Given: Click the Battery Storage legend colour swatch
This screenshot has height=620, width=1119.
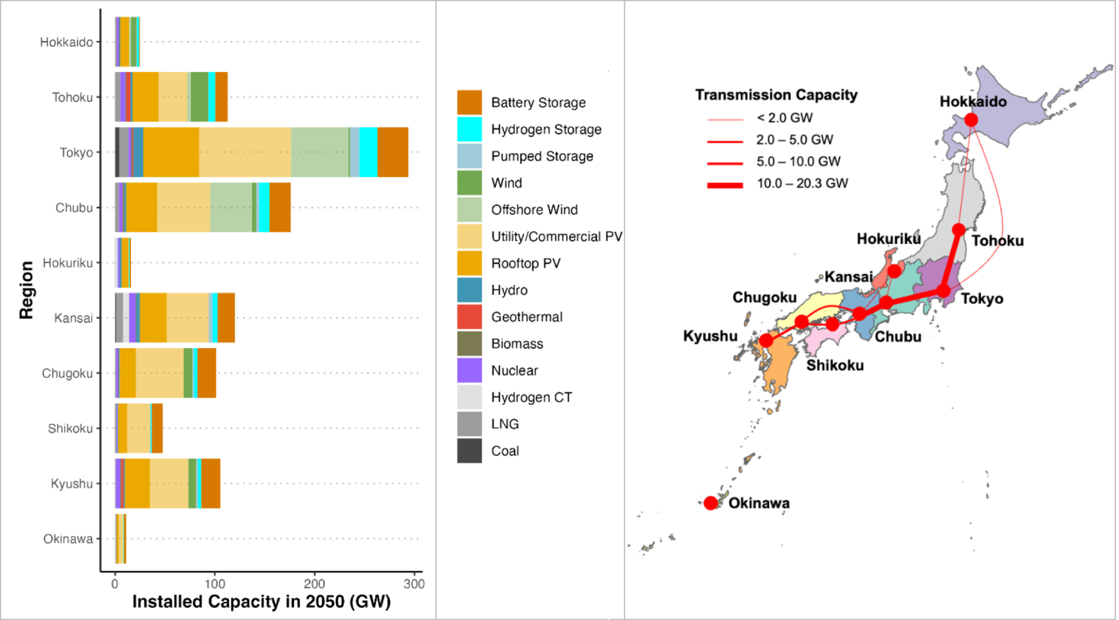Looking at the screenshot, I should (x=469, y=103).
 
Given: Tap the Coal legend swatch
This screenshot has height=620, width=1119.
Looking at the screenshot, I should (x=469, y=451).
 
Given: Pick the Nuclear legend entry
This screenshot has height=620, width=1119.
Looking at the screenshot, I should (x=514, y=371).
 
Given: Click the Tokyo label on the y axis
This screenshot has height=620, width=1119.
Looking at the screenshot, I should (x=76, y=153).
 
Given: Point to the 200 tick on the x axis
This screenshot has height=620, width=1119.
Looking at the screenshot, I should (x=315, y=584).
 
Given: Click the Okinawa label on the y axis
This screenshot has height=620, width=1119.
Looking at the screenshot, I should (x=67, y=539).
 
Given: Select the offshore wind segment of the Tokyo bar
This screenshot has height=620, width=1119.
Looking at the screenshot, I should (x=319, y=153).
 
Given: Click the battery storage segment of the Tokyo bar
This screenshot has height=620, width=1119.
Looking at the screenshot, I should (x=392, y=153).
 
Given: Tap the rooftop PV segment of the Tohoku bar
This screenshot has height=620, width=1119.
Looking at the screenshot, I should (x=145, y=97).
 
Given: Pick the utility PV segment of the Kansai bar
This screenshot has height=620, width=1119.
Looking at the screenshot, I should (x=187, y=318).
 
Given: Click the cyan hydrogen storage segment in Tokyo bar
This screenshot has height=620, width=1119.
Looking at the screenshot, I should (x=368, y=153).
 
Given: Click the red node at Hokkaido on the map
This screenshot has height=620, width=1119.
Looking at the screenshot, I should (x=971, y=120).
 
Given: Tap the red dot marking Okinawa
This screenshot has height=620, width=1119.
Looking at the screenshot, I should (x=710, y=503).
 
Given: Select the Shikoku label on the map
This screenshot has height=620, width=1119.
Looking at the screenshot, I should (x=835, y=366).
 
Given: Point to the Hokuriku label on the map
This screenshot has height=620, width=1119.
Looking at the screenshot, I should (x=888, y=239).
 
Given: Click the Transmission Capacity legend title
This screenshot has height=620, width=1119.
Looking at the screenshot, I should (x=776, y=95).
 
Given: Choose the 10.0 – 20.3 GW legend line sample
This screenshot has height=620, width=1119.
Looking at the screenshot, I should (x=725, y=185).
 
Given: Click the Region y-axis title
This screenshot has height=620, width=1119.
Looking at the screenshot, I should (x=26, y=290).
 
